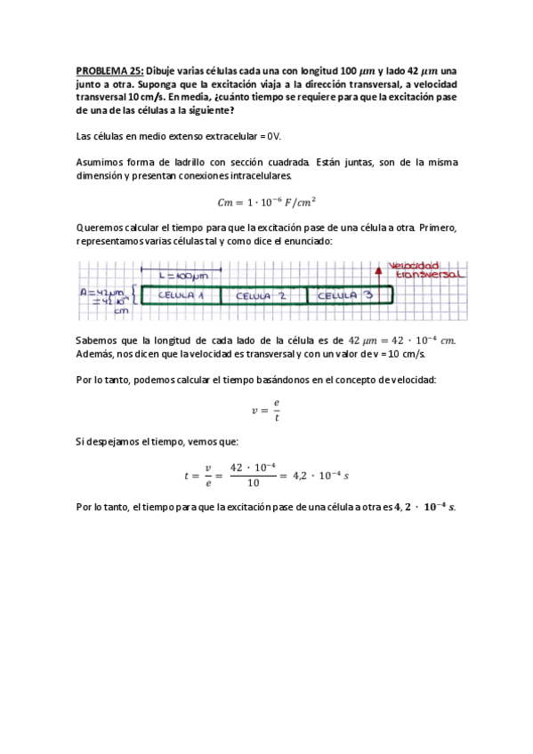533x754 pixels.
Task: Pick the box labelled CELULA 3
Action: [x=343, y=296]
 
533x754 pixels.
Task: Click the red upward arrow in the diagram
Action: [x=380, y=276]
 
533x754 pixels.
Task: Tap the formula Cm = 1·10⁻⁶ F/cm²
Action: [x=267, y=201]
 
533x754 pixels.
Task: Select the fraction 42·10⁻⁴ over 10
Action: [x=254, y=475]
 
